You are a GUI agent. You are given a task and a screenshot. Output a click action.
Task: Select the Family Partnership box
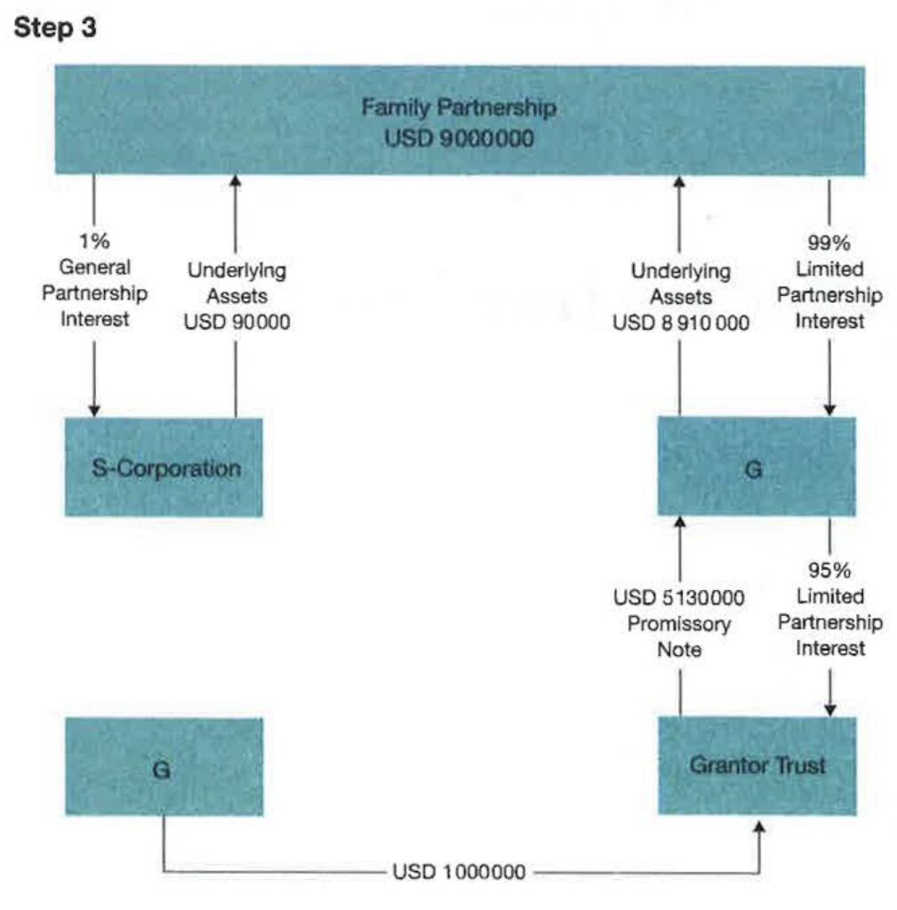[x=459, y=120]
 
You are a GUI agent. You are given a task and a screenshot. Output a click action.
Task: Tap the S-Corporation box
[x=164, y=467]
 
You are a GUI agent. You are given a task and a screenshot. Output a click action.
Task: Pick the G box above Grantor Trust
[x=757, y=467]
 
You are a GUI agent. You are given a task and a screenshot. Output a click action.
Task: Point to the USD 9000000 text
[x=459, y=140]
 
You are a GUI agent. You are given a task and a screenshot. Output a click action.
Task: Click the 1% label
[x=94, y=243]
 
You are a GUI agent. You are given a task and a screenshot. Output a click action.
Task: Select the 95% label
[x=829, y=570]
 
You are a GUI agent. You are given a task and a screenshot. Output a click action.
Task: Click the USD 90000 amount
[x=236, y=322]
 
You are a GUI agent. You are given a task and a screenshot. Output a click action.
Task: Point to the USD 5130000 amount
[x=679, y=597]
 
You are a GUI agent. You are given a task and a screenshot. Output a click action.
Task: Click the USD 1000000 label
[x=459, y=873]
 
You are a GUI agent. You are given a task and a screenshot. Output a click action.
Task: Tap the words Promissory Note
[x=679, y=636]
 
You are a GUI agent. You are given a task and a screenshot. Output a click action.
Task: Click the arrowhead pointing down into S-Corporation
[x=94, y=410]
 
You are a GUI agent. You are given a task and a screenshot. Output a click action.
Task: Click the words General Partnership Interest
[x=94, y=292]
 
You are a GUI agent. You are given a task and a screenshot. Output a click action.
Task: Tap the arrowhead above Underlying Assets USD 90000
[x=236, y=181]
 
